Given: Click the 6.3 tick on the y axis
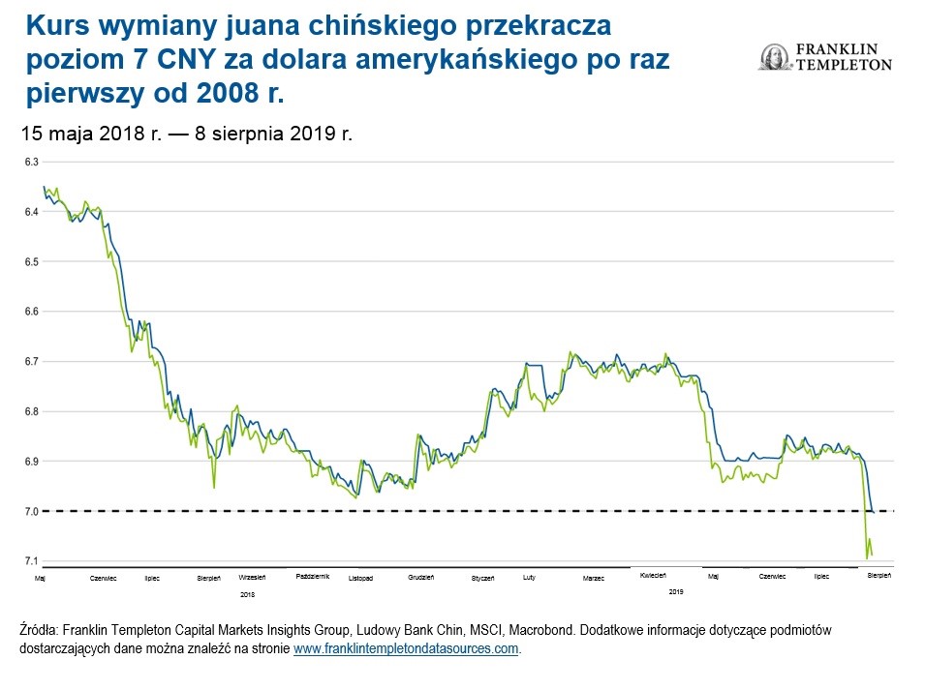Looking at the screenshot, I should [x=30, y=161].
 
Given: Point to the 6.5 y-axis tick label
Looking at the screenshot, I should [x=30, y=261].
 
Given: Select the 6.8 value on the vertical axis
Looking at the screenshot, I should [x=30, y=411].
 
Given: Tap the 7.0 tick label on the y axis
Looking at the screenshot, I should [x=30, y=511].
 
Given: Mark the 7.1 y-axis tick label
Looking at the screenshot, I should [x=30, y=561].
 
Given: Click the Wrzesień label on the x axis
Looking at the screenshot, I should [x=253, y=577].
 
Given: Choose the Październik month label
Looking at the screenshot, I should [x=312, y=576].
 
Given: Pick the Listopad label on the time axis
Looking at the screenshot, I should [x=360, y=579].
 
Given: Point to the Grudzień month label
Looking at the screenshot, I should [x=421, y=577].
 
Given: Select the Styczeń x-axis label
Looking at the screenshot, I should [x=483, y=579].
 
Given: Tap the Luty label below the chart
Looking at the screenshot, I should [x=529, y=577].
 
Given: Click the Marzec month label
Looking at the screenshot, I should [x=593, y=579].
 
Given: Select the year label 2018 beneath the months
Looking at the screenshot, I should [x=247, y=593].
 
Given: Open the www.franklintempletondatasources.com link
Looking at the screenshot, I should [x=406, y=648].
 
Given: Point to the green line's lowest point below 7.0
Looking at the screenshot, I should [x=866, y=558].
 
